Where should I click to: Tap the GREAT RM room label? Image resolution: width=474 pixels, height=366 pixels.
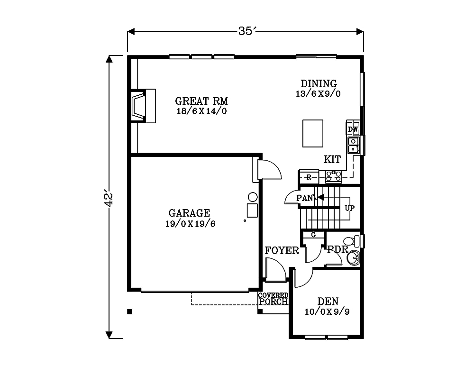click(201, 101)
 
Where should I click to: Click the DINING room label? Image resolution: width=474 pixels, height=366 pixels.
click(319, 84)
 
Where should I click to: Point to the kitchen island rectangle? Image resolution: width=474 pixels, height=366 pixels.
click(313, 133)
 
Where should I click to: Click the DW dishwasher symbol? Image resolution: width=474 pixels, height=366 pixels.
click(353, 129)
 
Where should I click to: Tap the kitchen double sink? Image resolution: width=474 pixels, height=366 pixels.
click(354, 146)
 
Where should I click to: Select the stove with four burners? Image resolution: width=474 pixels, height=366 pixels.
click(334, 176)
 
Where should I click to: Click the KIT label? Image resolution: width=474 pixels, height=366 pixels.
click(332, 159)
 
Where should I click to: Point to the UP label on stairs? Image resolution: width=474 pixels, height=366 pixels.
click(349, 208)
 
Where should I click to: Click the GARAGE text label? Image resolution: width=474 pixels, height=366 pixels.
click(190, 213)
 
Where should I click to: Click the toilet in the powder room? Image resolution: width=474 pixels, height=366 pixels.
click(350, 241)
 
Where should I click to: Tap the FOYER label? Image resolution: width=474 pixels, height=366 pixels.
click(282, 251)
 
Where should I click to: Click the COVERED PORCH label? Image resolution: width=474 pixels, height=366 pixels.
click(273, 299)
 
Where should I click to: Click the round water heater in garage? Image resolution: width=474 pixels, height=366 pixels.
click(253, 197)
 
